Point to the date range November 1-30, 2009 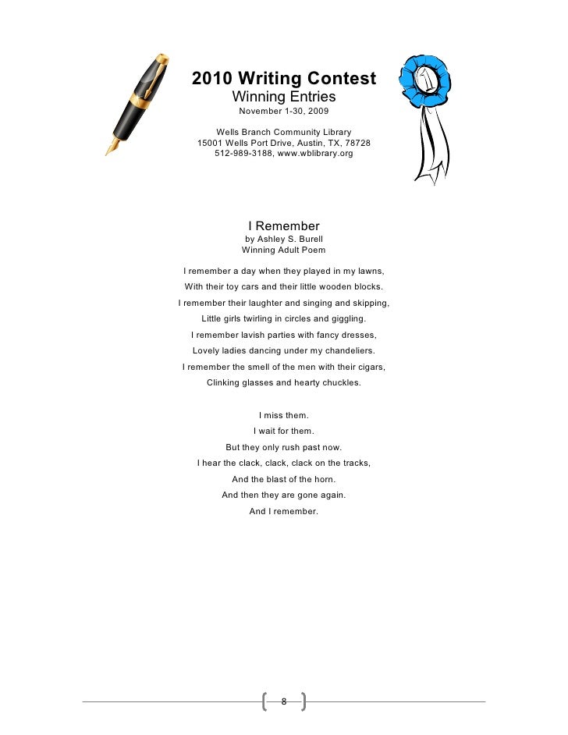[284, 112]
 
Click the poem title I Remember [284, 226]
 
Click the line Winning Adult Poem [284, 250]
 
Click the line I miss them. [284, 415]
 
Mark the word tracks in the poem [355, 463]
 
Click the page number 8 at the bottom [284, 701]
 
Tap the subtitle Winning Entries [284, 97]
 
